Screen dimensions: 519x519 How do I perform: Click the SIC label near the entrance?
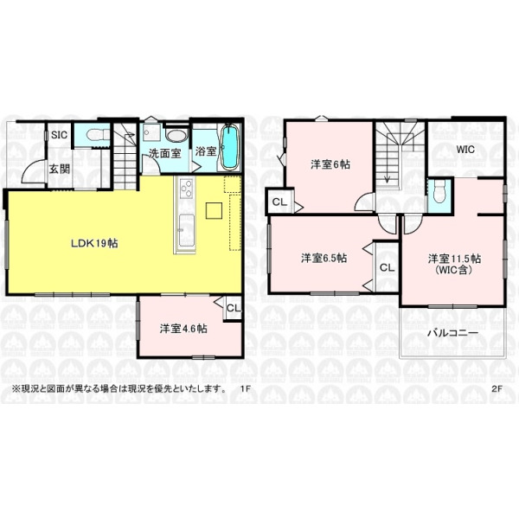click(59, 135)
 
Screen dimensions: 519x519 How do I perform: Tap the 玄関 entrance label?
click(60, 169)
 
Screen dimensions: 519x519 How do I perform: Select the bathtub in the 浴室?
click(229, 147)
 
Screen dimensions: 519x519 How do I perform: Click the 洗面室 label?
click(164, 153)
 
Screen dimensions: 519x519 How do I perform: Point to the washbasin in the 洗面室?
click(176, 136)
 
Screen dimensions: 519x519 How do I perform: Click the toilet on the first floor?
click(98, 135)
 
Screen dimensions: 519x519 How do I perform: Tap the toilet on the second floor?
click(439, 192)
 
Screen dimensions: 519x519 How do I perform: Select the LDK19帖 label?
click(94, 243)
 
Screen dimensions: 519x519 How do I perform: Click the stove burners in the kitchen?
click(186, 189)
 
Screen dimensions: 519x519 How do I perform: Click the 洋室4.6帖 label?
click(183, 329)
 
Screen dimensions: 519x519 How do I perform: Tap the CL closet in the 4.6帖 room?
click(234, 308)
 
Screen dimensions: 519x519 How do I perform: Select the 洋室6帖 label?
click(330, 164)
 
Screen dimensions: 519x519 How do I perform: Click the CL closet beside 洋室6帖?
click(279, 202)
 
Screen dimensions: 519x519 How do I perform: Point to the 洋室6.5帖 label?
click(324, 258)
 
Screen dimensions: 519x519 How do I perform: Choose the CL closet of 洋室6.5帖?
click(387, 267)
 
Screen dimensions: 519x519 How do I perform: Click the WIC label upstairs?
click(465, 150)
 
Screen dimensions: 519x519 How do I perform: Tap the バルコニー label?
click(452, 333)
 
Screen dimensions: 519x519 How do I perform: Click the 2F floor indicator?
click(497, 388)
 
